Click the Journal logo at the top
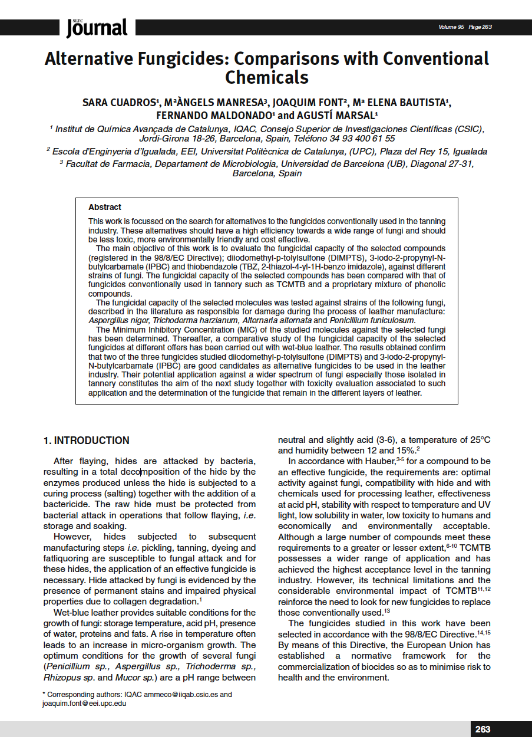click(x=97, y=27)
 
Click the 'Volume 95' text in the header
click(x=451, y=27)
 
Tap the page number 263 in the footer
click(x=483, y=729)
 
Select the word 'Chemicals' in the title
click(x=267, y=77)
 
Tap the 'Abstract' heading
click(x=105, y=208)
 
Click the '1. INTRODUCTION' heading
click(x=87, y=441)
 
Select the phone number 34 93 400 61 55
click(x=362, y=139)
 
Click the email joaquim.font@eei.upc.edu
click(x=84, y=704)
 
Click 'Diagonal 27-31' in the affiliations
click(x=442, y=163)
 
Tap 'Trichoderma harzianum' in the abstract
click(x=183, y=320)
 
